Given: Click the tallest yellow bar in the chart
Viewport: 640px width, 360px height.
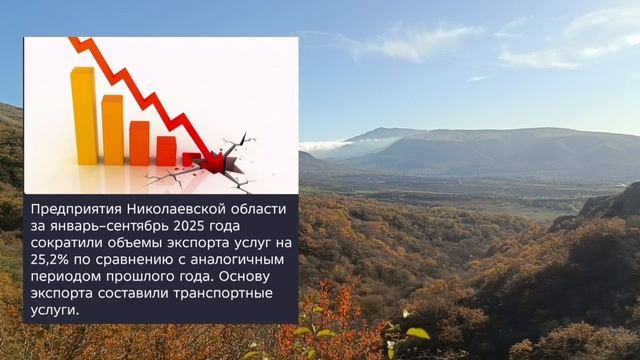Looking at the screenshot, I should click(85, 115).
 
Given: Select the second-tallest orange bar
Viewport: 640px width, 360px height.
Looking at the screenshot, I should click(112, 130).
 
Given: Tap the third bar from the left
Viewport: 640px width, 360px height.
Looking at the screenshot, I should click(139, 143).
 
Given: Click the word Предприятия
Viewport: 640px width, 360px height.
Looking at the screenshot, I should click(76, 209).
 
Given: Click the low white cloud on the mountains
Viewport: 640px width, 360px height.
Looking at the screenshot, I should click(326, 145).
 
